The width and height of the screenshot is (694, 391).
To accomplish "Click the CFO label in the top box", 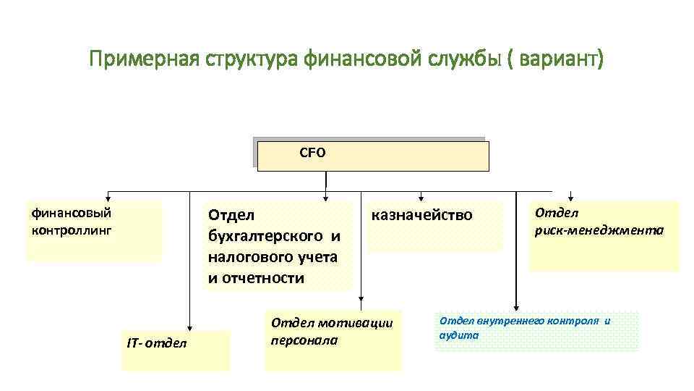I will [x=312, y=153].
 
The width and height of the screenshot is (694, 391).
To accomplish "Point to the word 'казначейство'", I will [x=421, y=215].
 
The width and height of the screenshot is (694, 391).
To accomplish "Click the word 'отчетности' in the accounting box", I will [x=271, y=278].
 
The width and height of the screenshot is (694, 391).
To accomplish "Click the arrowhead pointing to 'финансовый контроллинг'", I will [x=108, y=196].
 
